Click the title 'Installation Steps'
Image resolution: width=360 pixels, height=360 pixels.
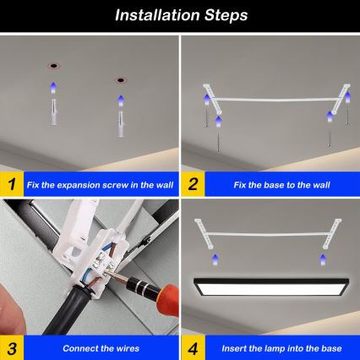180,14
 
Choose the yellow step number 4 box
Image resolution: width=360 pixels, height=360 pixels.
194,347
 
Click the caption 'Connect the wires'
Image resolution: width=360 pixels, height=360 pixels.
95,348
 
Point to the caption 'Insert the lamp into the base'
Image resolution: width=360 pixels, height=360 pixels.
276,348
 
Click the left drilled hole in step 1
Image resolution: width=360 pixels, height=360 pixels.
53,66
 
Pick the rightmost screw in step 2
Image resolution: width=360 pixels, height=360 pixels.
330,133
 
